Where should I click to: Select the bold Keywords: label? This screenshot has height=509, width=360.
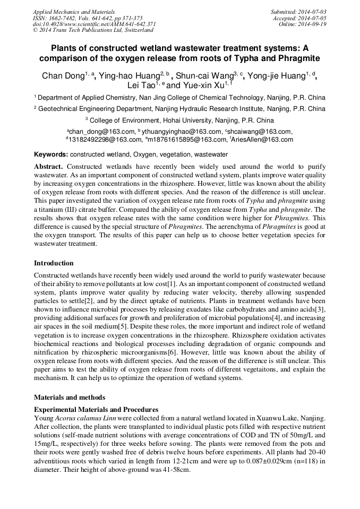click(x=51, y=154)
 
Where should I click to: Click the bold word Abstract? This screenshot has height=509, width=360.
click(x=48, y=167)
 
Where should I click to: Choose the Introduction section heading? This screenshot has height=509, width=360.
click(x=54, y=263)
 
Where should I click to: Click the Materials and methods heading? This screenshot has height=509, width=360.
click(x=70, y=398)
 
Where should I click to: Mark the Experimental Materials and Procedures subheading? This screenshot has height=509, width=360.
click(x=96, y=410)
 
